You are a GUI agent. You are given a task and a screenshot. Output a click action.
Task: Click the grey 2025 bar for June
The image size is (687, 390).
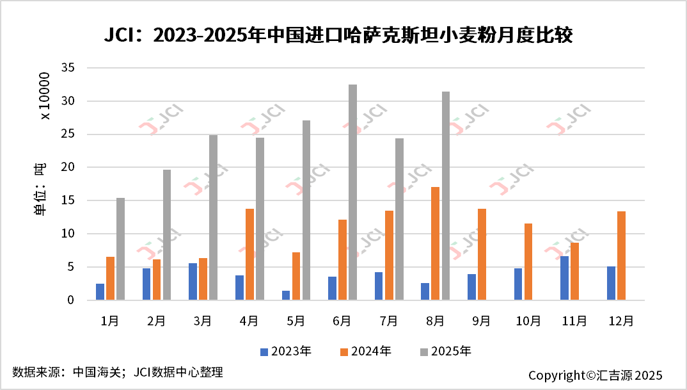pyautogui.click(x=352, y=192)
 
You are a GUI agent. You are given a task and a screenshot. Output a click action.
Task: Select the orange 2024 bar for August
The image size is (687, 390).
pyautogui.click(x=436, y=243)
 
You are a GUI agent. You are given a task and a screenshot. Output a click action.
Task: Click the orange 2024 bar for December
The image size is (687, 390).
pyautogui.click(x=621, y=256)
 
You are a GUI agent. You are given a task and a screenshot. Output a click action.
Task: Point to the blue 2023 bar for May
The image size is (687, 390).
pyautogui.click(x=286, y=295)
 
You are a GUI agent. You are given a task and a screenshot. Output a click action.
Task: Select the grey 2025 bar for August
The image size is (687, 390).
pyautogui.click(x=446, y=195)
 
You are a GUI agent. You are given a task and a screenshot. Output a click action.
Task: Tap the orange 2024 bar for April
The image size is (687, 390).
pyautogui.click(x=249, y=254)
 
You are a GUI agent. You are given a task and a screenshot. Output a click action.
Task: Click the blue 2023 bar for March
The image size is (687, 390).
pyautogui.click(x=193, y=281)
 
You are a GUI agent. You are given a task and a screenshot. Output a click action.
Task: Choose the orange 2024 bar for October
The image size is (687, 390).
pyautogui.click(x=528, y=261)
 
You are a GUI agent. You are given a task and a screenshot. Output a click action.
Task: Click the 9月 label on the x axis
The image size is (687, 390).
pyautogui.click(x=482, y=321)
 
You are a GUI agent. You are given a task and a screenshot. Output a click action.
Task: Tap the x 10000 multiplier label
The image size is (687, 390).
pyautogui.click(x=45, y=95)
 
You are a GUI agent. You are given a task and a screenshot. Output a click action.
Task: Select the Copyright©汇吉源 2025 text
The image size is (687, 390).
pyautogui.click(x=595, y=375)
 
